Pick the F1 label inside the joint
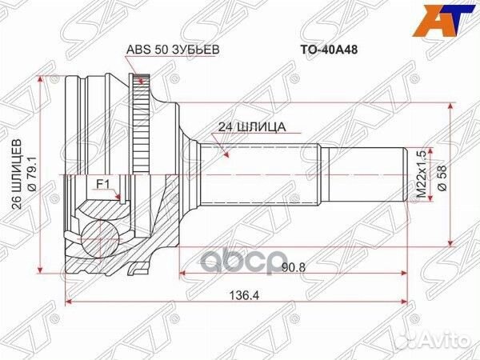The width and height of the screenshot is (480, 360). point(102,184)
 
